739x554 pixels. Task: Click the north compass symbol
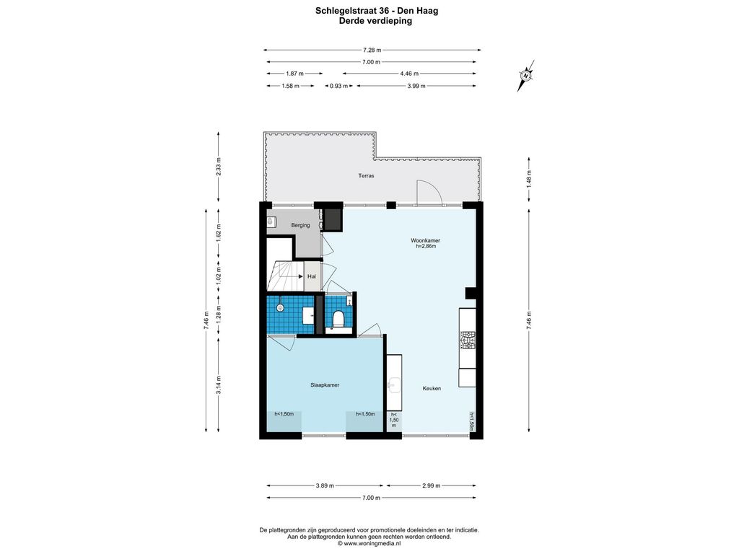[526, 75]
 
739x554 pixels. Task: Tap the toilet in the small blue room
[338, 318]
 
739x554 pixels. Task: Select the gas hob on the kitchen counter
[468, 340]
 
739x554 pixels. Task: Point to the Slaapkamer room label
[325, 385]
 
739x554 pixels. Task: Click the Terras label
[366, 176]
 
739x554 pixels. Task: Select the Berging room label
[300, 225]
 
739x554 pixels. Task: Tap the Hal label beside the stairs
[312, 276]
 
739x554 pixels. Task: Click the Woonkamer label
[425, 240]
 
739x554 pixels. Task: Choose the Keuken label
[432, 388]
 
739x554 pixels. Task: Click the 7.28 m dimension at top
[372, 50]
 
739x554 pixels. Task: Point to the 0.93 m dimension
[339, 86]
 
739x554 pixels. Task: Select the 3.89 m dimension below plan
[325, 485]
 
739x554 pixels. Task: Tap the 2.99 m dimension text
[432, 485]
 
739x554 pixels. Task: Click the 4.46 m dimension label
[409, 74]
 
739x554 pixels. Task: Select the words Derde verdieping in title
[375, 21]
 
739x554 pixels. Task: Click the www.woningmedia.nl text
[372, 543]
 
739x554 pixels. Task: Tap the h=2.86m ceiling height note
[426, 246]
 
